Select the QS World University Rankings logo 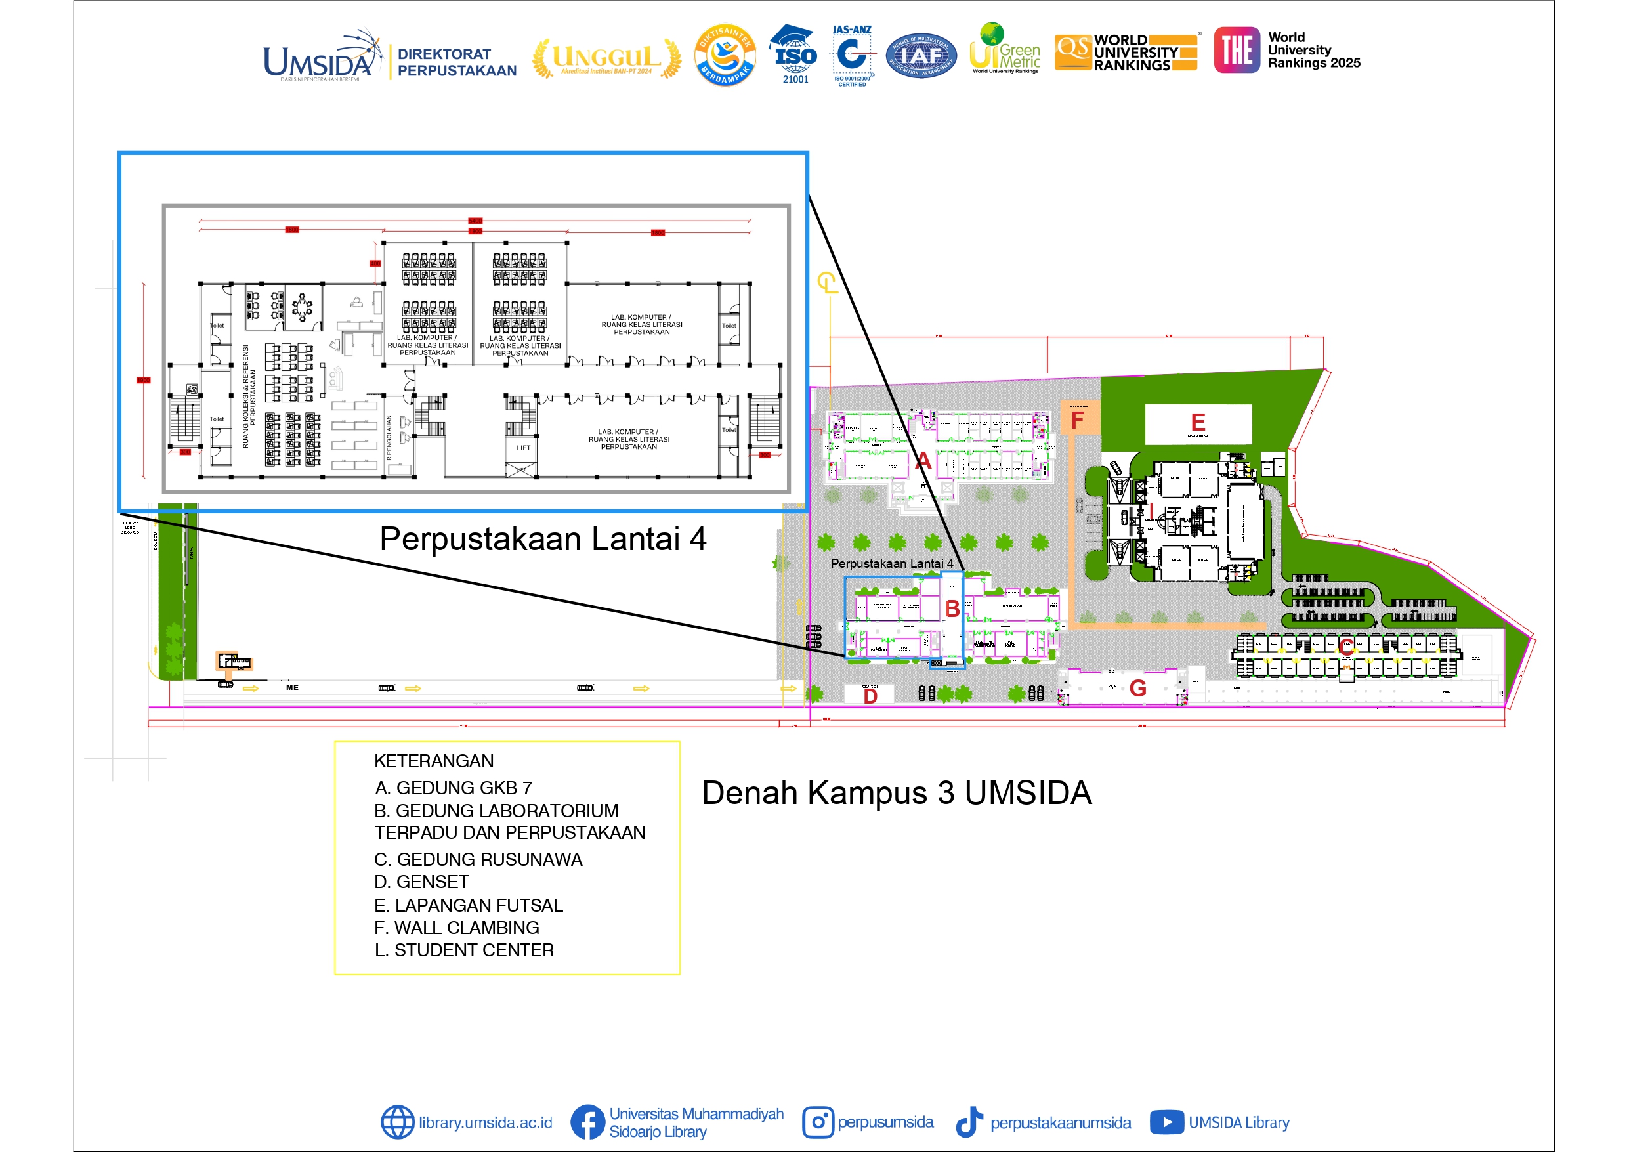pyautogui.click(x=1127, y=53)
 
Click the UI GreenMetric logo pyautogui.click(x=1004, y=50)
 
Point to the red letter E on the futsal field pyautogui.click(x=1198, y=422)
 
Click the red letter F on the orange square pyautogui.click(x=1077, y=420)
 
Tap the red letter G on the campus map pyautogui.click(x=1137, y=688)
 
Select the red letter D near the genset pyautogui.click(x=870, y=696)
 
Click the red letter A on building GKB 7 pyautogui.click(x=922, y=461)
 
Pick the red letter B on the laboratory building pyautogui.click(x=952, y=609)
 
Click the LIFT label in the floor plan pyautogui.click(x=523, y=448)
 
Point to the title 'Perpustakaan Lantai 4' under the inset pyautogui.click(x=543, y=539)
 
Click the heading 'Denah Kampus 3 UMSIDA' pyautogui.click(x=896, y=793)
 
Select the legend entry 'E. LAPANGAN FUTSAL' pyautogui.click(x=468, y=905)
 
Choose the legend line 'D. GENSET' pyautogui.click(x=421, y=882)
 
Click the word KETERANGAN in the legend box pyautogui.click(x=433, y=761)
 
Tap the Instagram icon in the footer pyautogui.click(x=817, y=1122)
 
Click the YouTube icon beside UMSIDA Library pyautogui.click(x=1166, y=1122)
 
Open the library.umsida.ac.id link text pyautogui.click(x=485, y=1122)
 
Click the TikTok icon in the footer pyautogui.click(x=969, y=1122)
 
